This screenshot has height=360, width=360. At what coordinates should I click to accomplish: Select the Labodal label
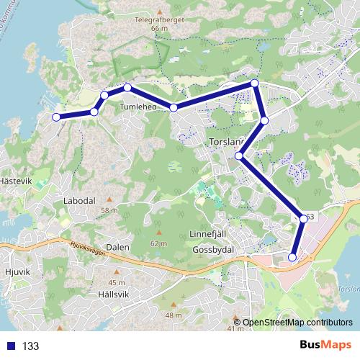coord(79,201)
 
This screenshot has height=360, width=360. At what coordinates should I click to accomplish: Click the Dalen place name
coord(117,247)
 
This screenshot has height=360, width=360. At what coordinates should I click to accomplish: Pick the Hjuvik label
coord(16,273)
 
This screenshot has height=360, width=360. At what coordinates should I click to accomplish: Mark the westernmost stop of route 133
coord(56,117)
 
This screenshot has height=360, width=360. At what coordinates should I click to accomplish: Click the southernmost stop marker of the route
coord(292,257)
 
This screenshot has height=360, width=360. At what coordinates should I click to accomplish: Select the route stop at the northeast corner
coord(254,84)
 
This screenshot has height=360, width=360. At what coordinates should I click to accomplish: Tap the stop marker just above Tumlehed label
coord(127,88)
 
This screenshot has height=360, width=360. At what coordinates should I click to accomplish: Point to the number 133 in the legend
coord(30,346)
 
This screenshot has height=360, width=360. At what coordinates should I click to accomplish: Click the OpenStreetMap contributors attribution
coord(297,323)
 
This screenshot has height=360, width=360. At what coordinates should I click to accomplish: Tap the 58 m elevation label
coord(109,210)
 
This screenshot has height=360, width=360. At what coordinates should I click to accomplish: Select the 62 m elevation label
coord(158,243)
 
